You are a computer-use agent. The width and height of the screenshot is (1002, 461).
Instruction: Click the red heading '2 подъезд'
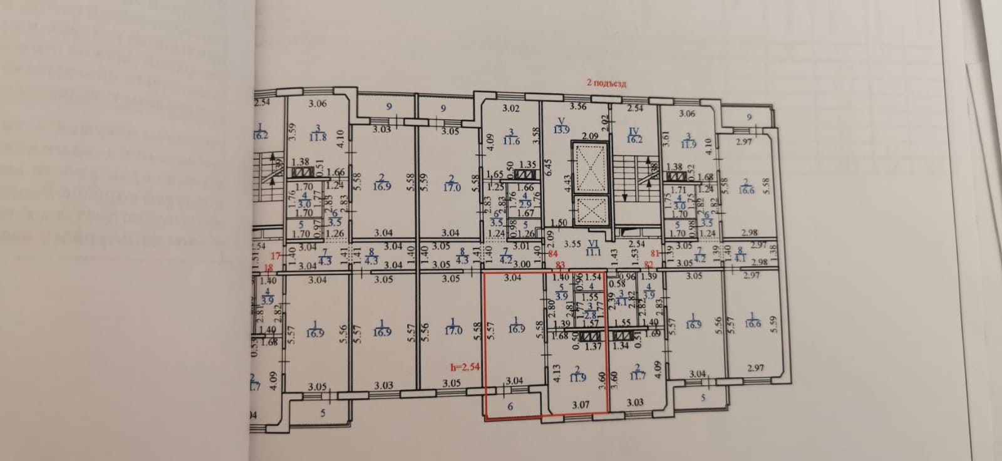(x=605, y=83)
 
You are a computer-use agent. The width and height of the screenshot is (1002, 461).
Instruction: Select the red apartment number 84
(x=552, y=254)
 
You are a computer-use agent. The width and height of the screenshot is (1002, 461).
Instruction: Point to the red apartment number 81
(x=655, y=254)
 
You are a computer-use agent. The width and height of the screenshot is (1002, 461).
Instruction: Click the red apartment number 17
(x=274, y=255)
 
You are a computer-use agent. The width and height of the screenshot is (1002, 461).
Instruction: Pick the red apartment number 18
(x=269, y=267)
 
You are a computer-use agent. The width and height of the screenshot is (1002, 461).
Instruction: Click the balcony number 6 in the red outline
(x=510, y=406)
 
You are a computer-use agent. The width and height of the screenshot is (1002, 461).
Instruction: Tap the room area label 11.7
(x=636, y=376)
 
